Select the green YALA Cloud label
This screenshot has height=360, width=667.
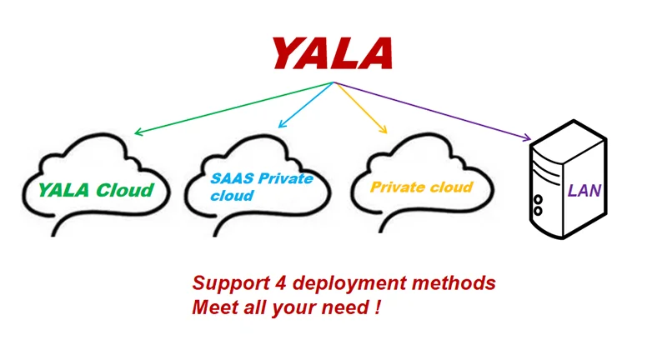(96, 189)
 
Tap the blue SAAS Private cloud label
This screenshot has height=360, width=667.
(261, 187)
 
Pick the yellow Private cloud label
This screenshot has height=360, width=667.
(421, 187)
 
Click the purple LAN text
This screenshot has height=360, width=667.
(584, 191)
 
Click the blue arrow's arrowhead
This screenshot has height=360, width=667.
(281, 126)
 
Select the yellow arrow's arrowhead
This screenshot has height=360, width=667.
(384, 130)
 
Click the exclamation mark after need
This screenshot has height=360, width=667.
(378, 307)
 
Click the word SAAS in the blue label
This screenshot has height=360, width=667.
(230, 179)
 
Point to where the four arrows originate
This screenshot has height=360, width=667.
(333, 82)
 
